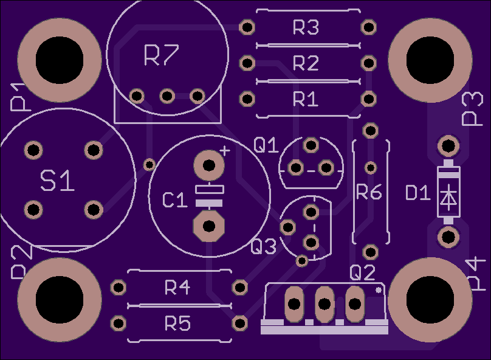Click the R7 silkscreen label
(x=161, y=55)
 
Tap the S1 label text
(x=57, y=181)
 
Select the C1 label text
(x=175, y=200)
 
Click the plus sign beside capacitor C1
(x=225, y=151)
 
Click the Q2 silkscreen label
(x=362, y=272)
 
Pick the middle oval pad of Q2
(x=324, y=304)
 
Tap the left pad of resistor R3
(x=247, y=27)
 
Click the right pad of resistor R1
(x=369, y=99)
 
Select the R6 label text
(x=369, y=192)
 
